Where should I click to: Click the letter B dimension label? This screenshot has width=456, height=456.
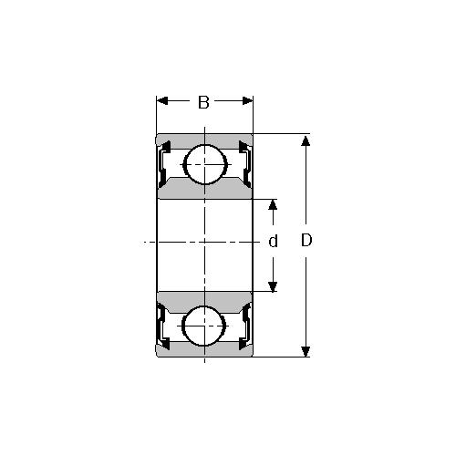click(203, 102)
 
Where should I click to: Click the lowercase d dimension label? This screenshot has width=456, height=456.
click(273, 242)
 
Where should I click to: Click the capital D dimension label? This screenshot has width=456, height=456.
click(306, 240)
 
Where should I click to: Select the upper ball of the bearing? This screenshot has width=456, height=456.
click(206, 164)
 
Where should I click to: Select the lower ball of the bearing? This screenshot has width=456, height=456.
click(204, 326)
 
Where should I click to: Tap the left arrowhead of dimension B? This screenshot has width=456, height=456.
click(162, 100)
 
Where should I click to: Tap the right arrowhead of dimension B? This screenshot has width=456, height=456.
click(247, 100)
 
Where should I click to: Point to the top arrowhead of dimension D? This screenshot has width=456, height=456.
click(306, 140)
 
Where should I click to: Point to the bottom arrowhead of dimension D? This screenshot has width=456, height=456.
click(306, 351)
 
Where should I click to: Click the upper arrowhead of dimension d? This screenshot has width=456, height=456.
click(273, 205)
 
